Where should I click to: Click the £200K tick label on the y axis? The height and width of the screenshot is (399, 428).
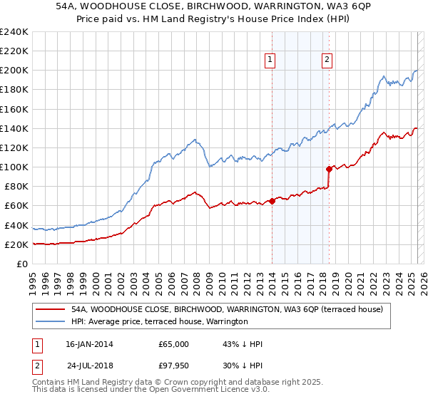14,71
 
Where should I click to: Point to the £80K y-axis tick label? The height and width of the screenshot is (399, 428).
16,187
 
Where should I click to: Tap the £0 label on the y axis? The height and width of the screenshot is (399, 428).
22,264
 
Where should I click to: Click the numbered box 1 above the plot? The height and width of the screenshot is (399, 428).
271,61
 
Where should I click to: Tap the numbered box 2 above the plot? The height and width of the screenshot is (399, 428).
327,61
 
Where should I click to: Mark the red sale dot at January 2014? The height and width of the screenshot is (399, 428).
272,201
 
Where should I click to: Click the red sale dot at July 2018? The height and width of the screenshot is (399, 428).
329,169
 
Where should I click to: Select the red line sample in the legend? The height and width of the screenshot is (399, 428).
50,309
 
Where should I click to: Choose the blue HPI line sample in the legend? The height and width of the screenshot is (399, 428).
50,321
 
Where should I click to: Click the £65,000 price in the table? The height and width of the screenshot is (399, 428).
173,344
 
